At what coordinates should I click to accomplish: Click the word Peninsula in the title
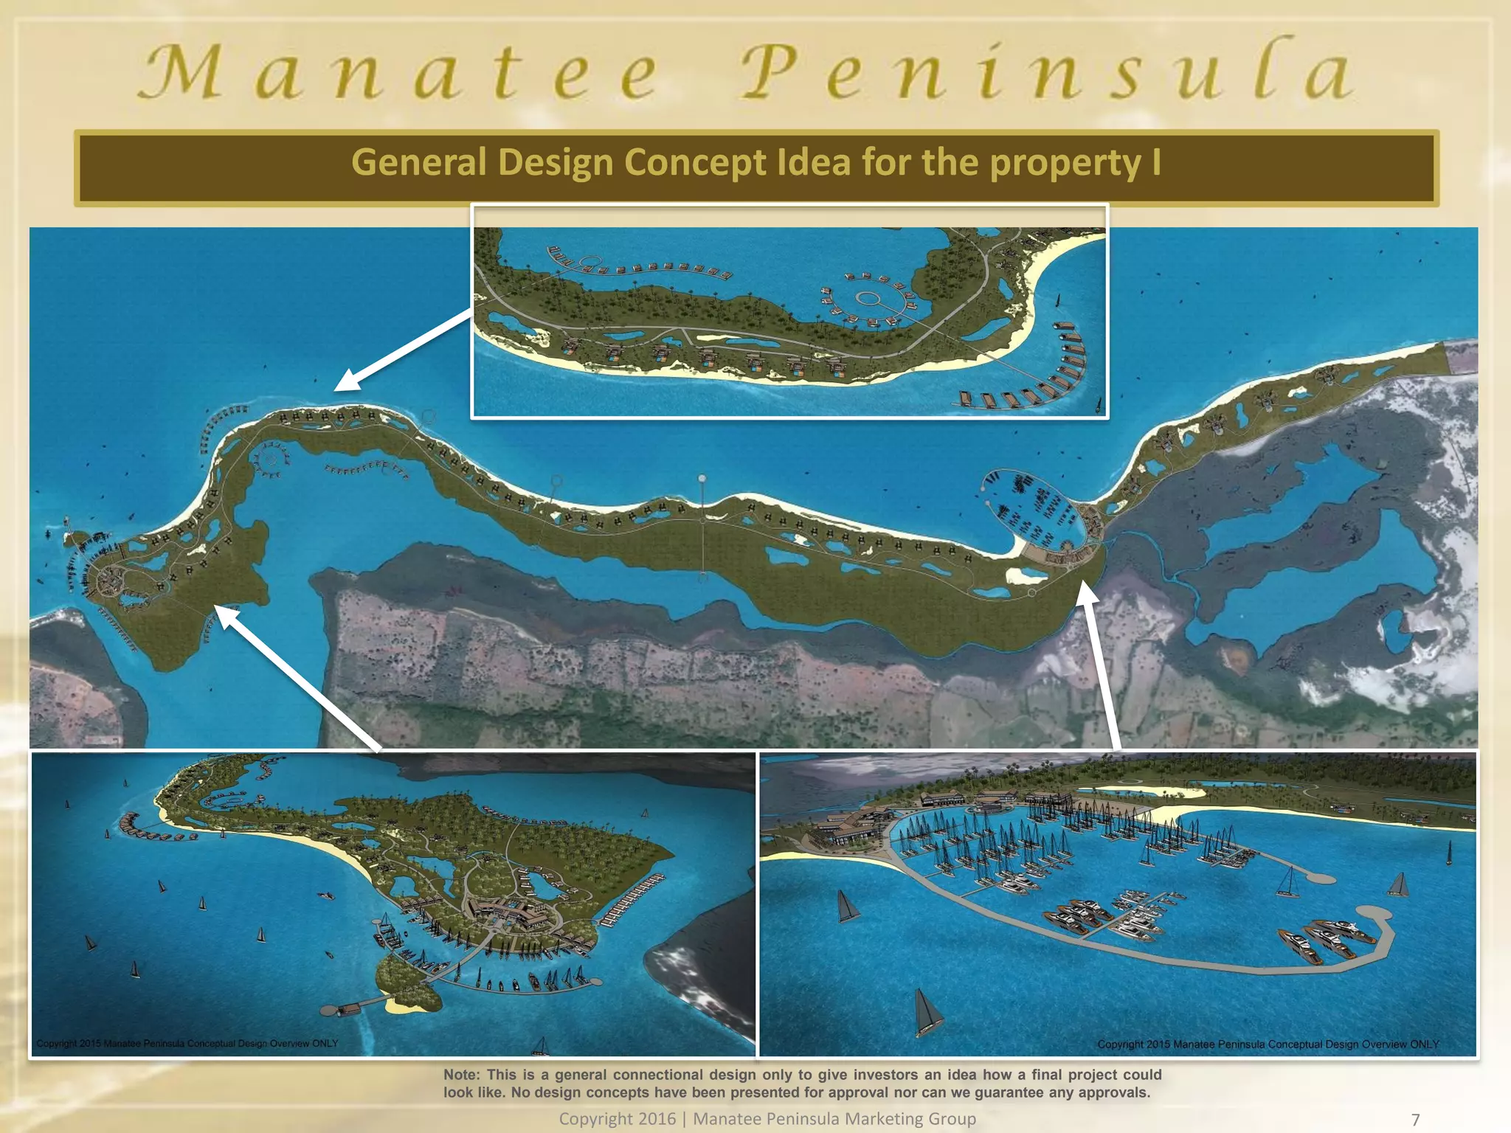pos(1048,72)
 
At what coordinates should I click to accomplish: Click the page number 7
pos(1415,1120)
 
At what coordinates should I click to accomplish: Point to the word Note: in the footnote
pos(461,1075)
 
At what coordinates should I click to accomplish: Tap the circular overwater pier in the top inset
pos(868,299)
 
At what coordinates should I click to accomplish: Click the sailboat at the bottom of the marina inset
pos(926,1011)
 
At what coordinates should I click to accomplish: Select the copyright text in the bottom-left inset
pos(187,1044)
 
